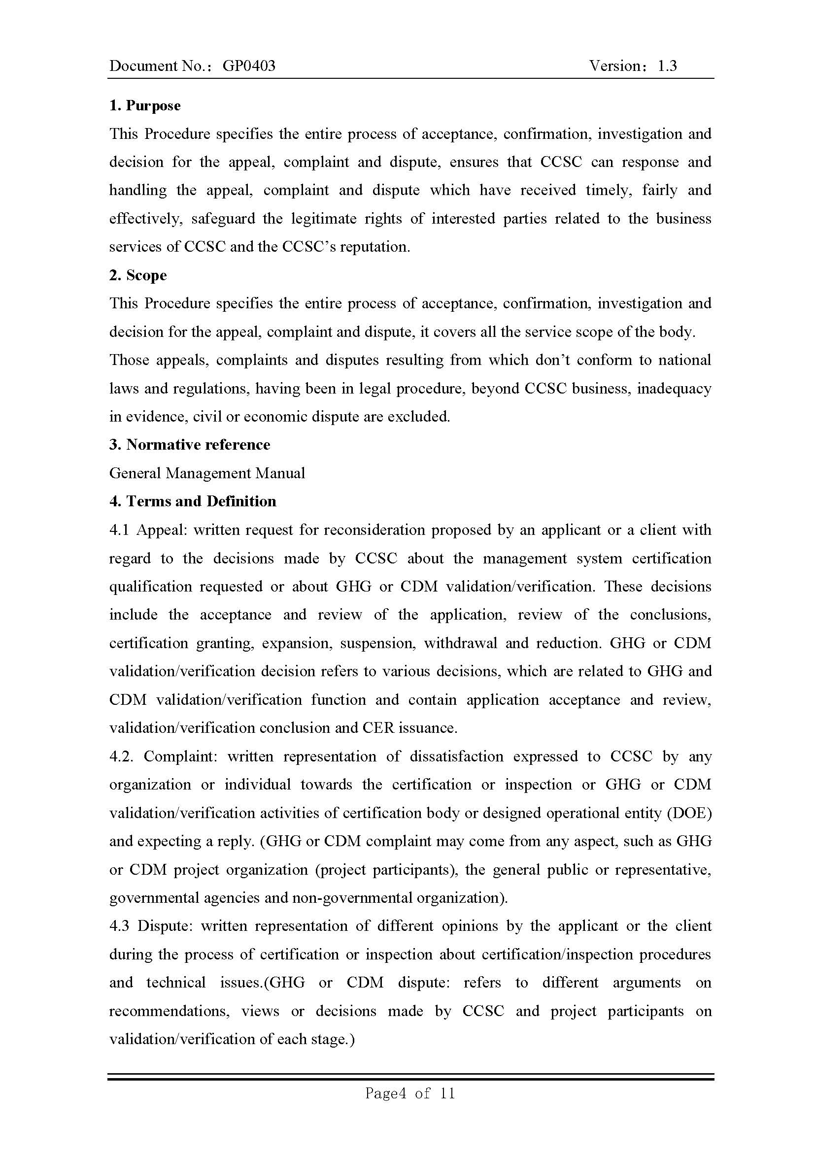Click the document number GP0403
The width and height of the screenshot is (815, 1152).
[248, 66]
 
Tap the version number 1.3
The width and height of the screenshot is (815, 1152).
[667, 66]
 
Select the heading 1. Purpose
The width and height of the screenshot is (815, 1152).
[144, 106]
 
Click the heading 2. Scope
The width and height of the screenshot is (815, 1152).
[138, 275]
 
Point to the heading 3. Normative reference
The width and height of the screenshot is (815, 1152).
[190, 445]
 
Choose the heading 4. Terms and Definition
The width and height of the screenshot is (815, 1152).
[193, 501]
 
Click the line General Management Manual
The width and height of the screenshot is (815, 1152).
[207, 473]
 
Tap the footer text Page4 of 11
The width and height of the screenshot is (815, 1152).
[409, 1093]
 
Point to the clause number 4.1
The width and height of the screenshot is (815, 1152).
[119, 530]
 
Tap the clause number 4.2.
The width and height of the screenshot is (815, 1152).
[121, 756]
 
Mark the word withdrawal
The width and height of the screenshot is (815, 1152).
[460, 643]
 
